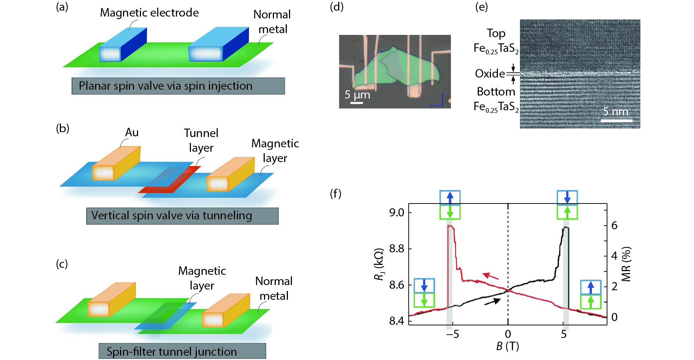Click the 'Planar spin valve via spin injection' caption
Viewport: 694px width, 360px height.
pyautogui.click(x=178, y=86)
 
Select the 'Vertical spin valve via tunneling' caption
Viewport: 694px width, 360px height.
pyautogui.click(x=182, y=216)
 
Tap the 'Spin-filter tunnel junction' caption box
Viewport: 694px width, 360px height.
pyautogui.click(x=182, y=351)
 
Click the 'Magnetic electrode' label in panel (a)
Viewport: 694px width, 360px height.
pyautogui.click(x=149, y=13)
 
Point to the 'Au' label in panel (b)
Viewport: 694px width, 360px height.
pyautogui.click(x=132, y=132)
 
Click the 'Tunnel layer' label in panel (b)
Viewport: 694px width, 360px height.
pyautogui.click(x=201, y=140)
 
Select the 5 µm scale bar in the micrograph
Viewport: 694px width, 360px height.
pyautogui.click(x=357, y=103)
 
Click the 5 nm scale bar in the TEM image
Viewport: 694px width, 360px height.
pyautogui.click(x=617, y=120)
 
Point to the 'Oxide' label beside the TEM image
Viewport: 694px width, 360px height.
pyautogui.click(x=490, y=73)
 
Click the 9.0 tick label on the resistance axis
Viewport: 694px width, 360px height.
pyautogui.click(x=397, y=212)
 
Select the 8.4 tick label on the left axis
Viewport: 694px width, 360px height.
pyautogui.click(x=397, y=321)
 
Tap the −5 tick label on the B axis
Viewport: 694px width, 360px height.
pyautogui.click(x=452, y=334)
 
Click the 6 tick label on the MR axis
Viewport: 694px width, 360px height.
pyautogui.click(x=614, y=225)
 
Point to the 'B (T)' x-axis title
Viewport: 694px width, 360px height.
pyautogui.click(x=507, y=346)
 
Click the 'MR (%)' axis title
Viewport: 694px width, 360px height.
pyautogui.click(x=626, y=264)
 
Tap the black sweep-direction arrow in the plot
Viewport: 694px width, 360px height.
pyautogui.click(x=492, y=302)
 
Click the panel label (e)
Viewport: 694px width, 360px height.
pyautogui.click(x=481, y=7)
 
